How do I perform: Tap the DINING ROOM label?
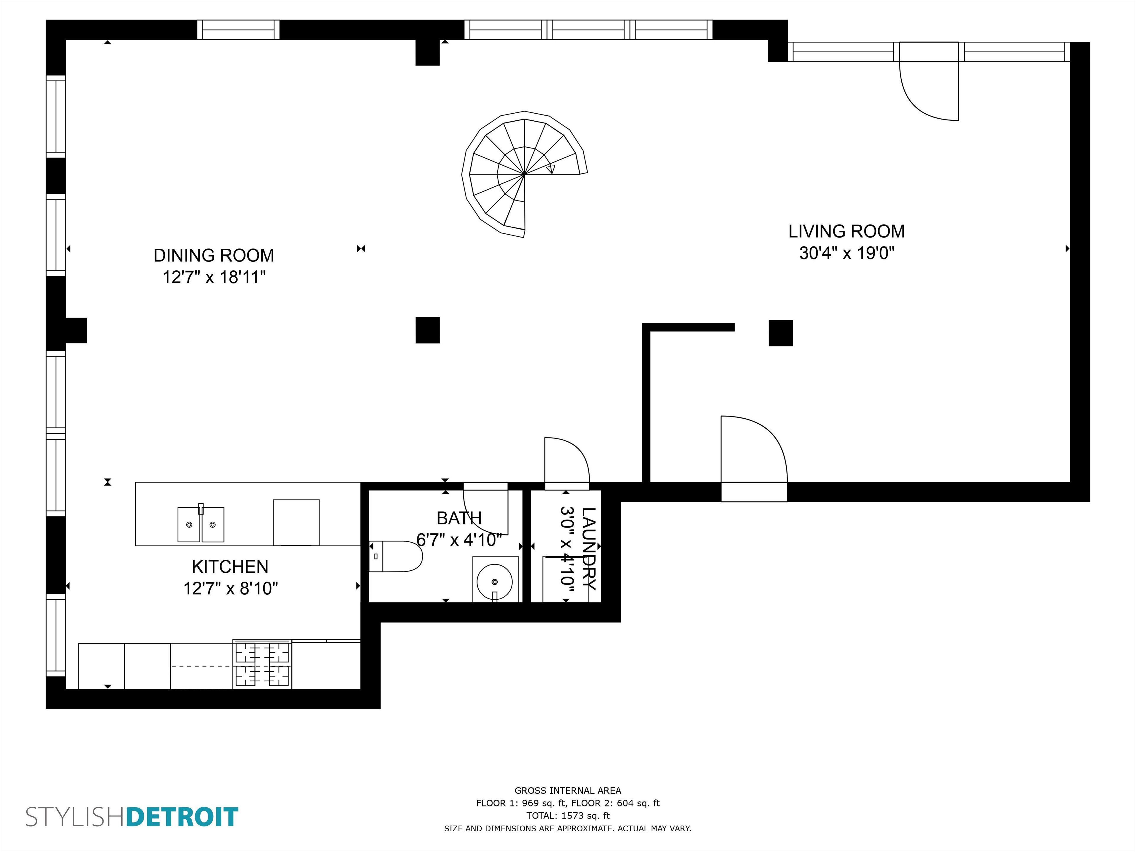pyautogui.click(x=214, y=255)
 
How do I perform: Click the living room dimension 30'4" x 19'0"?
pyautogui.click(x=846, y=253)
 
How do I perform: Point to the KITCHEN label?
pyautogui.click(x=230, y=567)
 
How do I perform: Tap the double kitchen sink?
pyautogui.click(x=201, y=524)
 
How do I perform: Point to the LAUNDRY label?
pyautogui.click(x=588, y=548)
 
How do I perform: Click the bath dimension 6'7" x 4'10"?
pyautogui.click(x=459, y=540)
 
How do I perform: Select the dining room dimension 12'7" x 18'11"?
pyautogui.click(x=214, y=277)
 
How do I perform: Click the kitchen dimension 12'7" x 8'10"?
pyautogui.click(x=230, y=588)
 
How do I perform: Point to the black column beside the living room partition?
pyautogui.click(x=780, y=333)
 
